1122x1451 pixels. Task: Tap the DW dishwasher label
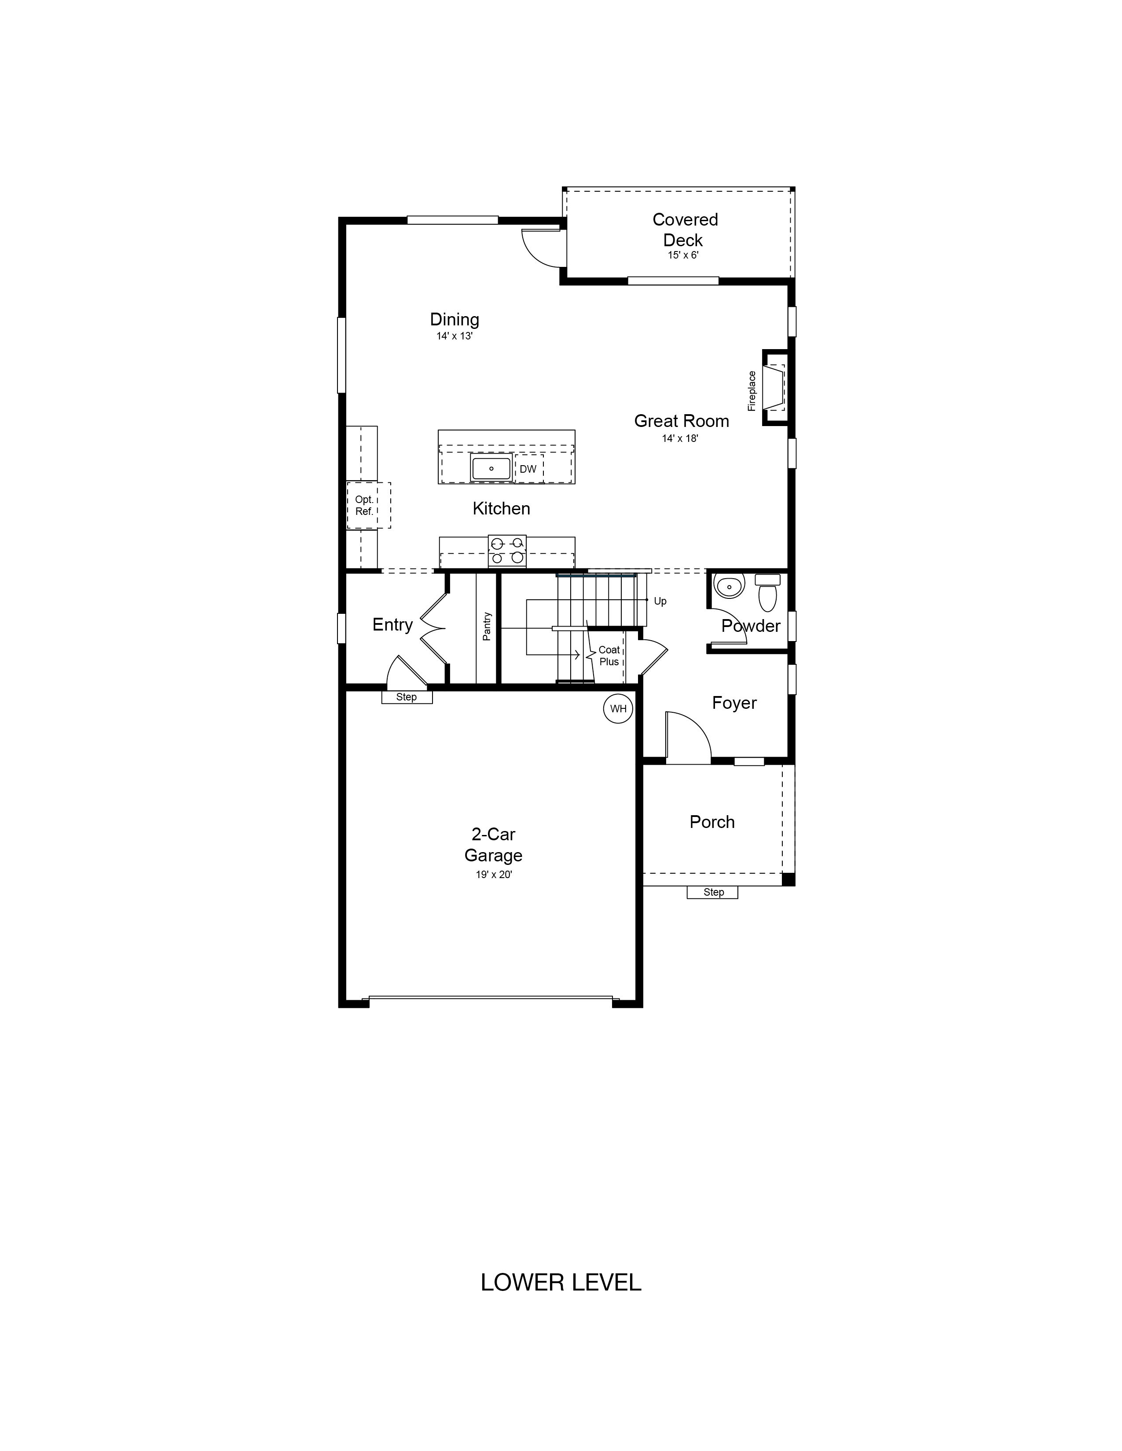tap(528, 469)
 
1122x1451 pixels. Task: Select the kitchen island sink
tap(491, 468)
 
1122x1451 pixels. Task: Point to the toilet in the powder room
tap(768, 593)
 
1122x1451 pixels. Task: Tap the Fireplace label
tap(752, 390)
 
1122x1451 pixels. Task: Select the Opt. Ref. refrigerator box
tap(368, 506)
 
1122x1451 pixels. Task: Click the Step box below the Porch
tap(712, 892)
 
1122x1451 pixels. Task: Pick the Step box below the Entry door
tap(407, 697)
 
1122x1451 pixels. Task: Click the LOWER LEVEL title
tap(561, 1282)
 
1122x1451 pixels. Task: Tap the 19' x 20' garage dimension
tap(493, 875)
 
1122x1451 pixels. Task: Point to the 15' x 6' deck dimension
tap(683, 255)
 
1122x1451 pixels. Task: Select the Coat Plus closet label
tap(609, 656)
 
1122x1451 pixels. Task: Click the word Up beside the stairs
tap(660, 601)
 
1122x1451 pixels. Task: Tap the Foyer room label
tap(734, 703)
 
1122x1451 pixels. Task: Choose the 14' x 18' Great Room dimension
tap(680, 438)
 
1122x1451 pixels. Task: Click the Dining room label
tap(455, 320)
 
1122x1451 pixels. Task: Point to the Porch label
tap(712, 822)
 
